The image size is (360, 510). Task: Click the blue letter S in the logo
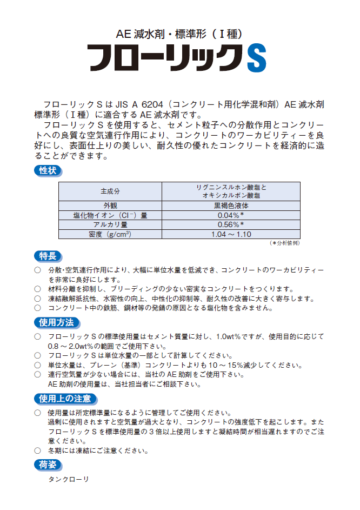[x=256, y=57]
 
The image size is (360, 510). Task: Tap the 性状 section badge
[x=48, y=171]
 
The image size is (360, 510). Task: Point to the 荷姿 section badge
[x=48, y=463]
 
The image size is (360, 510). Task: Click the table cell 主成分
[x=110, y=191]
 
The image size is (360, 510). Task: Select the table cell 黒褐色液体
[x=231, y=206]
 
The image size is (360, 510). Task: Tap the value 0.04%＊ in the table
[x=231, y=215]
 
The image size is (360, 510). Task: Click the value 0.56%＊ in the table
[x=231, y=224]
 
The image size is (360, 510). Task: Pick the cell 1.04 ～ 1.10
[x=231, y=234]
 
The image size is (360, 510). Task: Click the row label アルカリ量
[x=110, y=224]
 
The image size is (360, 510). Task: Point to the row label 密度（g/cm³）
[x=110, y=234]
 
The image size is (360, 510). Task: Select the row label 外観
[x=110, y=206]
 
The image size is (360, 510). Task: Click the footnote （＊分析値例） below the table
[x=285, y=243]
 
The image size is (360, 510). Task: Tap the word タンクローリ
[x=68, y=480]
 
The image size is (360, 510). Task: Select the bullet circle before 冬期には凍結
[x=37, y=451]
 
